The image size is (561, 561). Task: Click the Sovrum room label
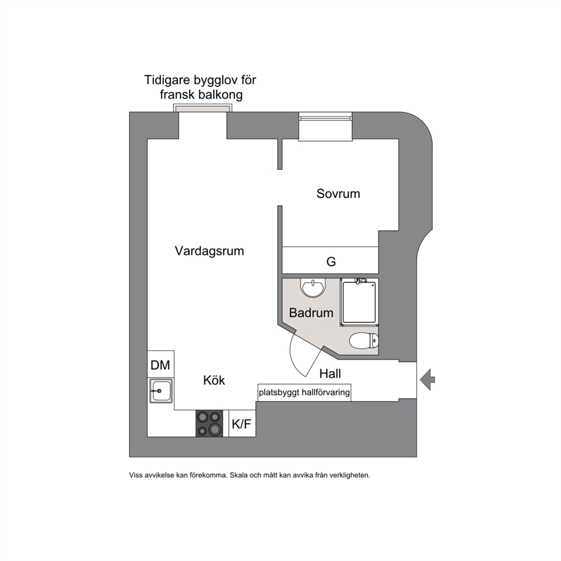point(338,193)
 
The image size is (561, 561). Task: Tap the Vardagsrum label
point(209,251)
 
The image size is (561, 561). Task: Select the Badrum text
point(311,313)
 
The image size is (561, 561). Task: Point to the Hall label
point(330,373)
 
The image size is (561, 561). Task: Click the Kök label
point(214,380)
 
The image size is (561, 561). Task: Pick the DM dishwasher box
point(161,364)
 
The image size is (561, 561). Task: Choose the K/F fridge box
point(242,424)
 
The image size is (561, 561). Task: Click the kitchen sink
point(161,391)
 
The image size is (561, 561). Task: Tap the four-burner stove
point(209,424)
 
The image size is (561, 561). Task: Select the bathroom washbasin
point(313,288)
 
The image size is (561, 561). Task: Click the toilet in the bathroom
point(364,341)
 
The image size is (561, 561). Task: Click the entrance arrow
point(428,379)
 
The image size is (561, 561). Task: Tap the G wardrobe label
point(331,262)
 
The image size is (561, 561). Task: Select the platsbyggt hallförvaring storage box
point(304,392)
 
